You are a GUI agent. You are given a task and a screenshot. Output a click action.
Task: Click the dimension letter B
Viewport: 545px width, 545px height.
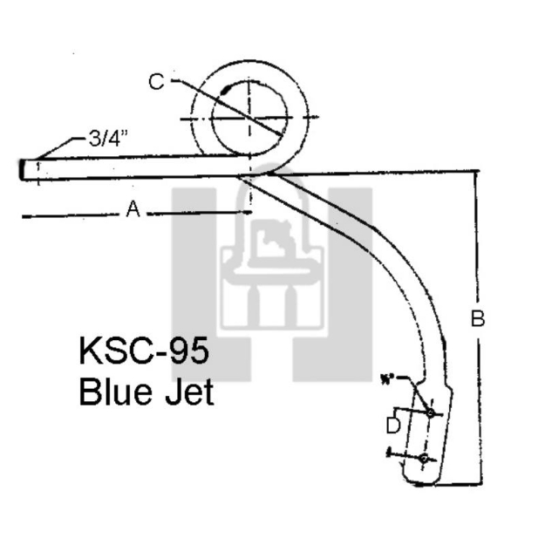(x=477, y=319)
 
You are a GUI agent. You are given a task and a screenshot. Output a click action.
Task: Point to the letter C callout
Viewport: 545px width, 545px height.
(x=156, y=82)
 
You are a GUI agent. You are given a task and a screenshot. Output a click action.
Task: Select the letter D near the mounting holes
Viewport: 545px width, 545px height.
(x=393, y=426)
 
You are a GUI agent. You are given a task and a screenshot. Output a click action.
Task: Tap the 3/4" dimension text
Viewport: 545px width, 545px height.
(x=110, y=138)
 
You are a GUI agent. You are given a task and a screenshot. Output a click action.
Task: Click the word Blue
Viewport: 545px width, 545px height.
(x=115, y=392)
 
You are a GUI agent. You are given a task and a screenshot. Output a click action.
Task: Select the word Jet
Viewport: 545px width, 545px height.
(x=187, y=392)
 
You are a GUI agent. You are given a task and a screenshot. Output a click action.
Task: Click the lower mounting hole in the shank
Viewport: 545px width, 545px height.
(x=423, y=457)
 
